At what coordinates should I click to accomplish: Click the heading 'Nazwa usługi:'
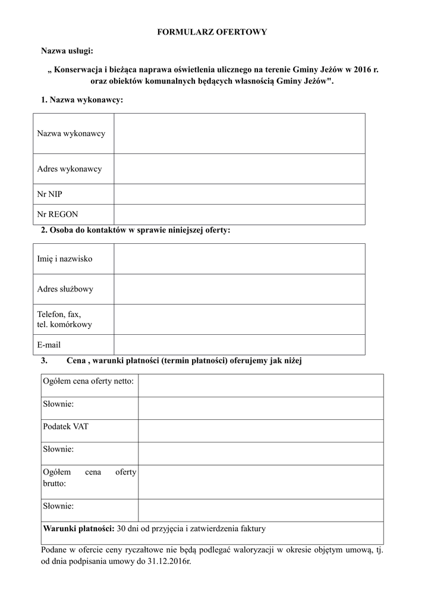tap(67, 51)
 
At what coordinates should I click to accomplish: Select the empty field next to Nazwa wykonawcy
tap(239, 133)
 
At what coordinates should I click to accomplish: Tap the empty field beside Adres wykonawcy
tap(239, 169)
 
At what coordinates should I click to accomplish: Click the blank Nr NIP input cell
tap(239, 194)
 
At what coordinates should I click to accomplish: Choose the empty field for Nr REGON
tap(239, 214)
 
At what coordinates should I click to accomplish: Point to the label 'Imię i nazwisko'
tap(65, 259)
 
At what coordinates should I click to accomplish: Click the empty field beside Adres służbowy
tap(239, 289)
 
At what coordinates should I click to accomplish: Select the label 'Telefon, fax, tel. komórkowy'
tap(64, 319)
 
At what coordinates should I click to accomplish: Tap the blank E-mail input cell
tap(239, 344)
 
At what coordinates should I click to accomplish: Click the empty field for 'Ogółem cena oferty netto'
tap(260, 385)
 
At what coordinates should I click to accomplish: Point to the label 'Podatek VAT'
tap(65, 426)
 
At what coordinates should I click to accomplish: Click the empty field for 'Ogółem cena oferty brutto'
tap(260, 482)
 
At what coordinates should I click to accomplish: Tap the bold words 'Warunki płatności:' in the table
tap(79, 528)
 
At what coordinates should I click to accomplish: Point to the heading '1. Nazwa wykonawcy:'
tap(81, 100)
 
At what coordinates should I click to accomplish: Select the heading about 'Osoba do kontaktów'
tap(135, 230)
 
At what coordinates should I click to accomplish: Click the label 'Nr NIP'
tap(49, 194)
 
